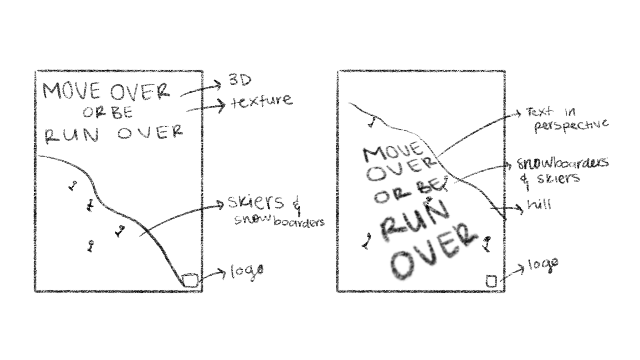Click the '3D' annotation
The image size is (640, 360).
point(240,80)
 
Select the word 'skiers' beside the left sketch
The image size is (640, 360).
point(255,202)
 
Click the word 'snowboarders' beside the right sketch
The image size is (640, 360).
point(563,163)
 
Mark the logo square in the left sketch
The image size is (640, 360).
point(191,280)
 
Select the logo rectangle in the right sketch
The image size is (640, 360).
point(491,281)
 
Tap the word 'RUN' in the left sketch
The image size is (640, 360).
point(72,135)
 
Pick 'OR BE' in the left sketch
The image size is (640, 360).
point(108,113)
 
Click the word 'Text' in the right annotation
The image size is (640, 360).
point(539,112)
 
